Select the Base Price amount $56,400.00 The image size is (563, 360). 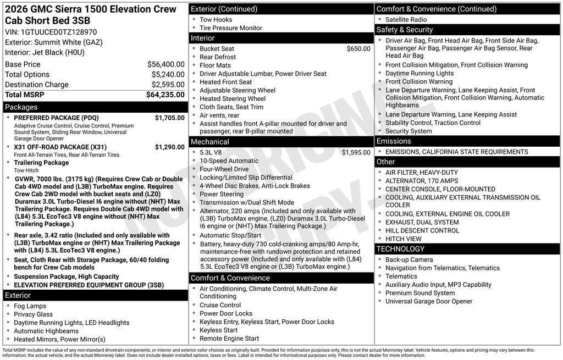click(x=165, y=64)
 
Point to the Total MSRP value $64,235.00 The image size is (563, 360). click(x=165, y=95)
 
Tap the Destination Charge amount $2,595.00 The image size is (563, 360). click(x=168, y=85)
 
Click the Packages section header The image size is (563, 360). click(x=21, y=107)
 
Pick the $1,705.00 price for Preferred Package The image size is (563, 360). click(x=169, y=118)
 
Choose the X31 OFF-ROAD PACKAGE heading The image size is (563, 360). click(x=60, y=147)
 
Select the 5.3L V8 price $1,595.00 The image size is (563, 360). click(x=356, y=152)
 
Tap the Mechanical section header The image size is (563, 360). click(x=210, y=142)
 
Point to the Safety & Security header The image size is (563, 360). click(x=405, y=30)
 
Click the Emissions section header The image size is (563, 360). click(x=394, y=141)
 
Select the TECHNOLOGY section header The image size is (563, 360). click(x=401, y=249)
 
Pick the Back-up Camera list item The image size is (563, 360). click(x=409, y=259)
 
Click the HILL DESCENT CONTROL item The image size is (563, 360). click(x=422, y=230)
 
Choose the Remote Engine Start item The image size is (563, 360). click(x=229, y=339)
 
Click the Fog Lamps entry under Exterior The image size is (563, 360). click(x=30, y=306)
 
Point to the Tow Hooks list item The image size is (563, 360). click(x=216, y=20)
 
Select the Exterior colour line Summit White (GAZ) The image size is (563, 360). click(x=54, y=42)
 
